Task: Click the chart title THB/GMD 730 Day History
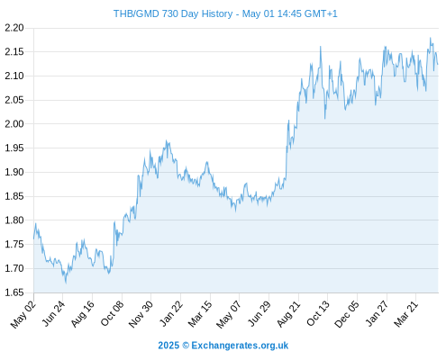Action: coord(173,13)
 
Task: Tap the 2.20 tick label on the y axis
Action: coord(14,28)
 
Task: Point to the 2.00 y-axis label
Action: coord(14,124)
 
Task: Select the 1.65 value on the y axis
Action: coord(14,292)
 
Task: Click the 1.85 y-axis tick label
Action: coord(14,196)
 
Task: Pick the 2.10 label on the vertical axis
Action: coord(14,76)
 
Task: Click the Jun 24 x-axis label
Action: coord(53,314)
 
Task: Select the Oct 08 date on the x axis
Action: coord(112,314)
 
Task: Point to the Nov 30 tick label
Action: coord(141,314)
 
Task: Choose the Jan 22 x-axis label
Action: coord(171,314)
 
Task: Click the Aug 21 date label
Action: coord(288,314)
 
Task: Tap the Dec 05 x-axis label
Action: coord(347,314)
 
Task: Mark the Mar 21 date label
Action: coord(406,314)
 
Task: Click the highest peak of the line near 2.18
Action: coord(430,38)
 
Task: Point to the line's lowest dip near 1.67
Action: coord(66,283)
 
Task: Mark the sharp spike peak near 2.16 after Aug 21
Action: coord(321,47)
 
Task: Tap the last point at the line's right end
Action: coord(438,64)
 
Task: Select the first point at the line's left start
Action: coord(33,238)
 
